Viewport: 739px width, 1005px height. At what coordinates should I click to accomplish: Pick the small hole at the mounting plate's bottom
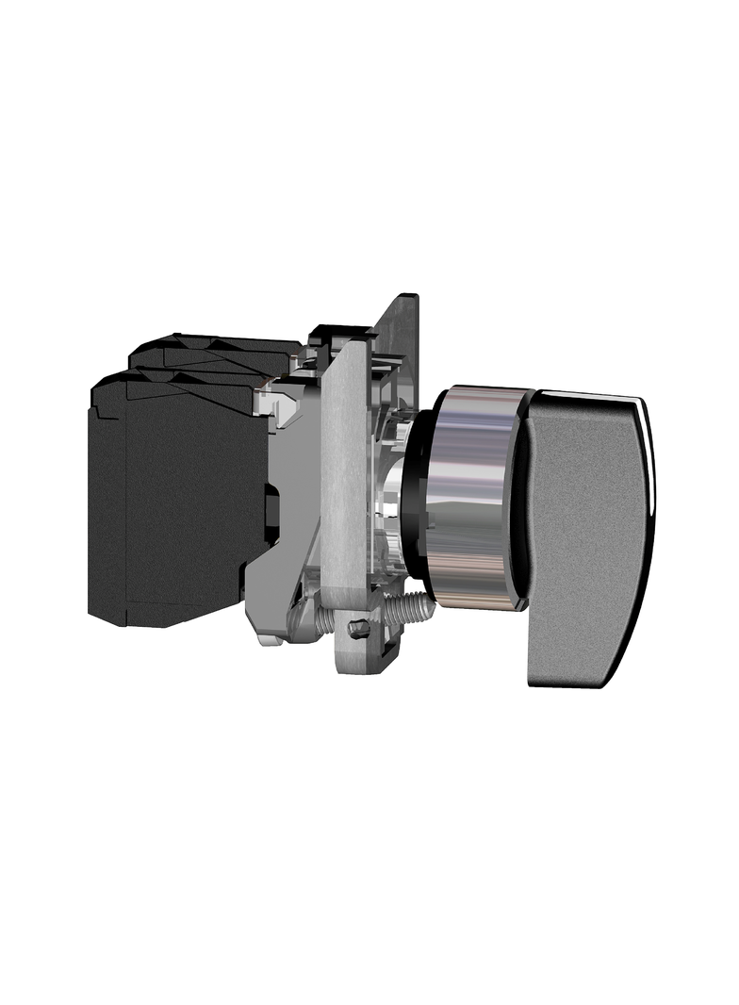click(x=357, y=629)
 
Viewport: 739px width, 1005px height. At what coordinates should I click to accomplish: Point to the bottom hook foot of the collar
click(x=269, y=641)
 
